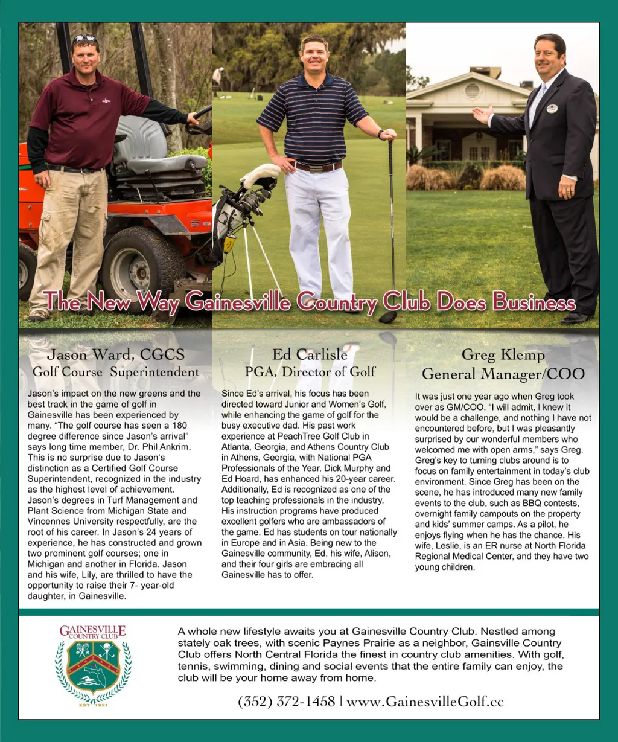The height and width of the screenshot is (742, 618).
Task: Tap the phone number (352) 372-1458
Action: coord(287,701)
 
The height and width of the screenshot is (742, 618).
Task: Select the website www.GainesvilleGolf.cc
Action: coord(425,701)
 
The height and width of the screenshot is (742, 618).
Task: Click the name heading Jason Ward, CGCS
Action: coord(116,354)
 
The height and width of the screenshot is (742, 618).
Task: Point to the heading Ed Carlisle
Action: coord(310,354)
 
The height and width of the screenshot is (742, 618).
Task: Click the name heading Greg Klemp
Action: coord(503,354)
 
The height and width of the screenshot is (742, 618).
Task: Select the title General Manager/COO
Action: coord(503,374)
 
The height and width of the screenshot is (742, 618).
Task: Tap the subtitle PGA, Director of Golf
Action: coord(310,371)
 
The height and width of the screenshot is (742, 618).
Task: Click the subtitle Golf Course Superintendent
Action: coord(116,371)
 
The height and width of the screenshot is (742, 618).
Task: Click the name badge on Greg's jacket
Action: coord(552,109)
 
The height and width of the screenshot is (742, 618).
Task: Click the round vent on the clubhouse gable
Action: coord(472,91)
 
